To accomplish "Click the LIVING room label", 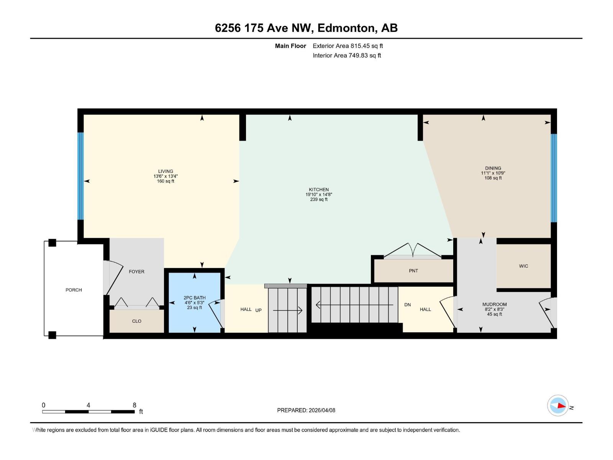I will click(x=166, y=171).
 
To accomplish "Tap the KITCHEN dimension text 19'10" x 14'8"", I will click(x=319, y=194).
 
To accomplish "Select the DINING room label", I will click(x=493, y=168).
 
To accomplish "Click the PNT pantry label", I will click(x=413, y=271).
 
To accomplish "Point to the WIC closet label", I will click(x=523, y=266).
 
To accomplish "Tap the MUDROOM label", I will click(x=494, y=304).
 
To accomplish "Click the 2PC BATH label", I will click(x=195, y=297).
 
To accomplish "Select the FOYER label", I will click(x=136, y=271).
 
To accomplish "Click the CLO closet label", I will click(x=136, y=321).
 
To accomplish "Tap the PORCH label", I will click(x=74, y=290).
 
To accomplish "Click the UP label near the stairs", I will click(x=259, y=310).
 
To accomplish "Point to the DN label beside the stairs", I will click(x=407, y=305).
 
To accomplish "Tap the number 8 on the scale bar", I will click(x=134, y=405).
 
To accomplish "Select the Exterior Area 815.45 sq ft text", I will click(x=347, y=46).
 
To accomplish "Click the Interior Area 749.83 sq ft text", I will click(x=347, y=56).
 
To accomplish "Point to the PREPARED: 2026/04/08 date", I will click(x=306, y=410).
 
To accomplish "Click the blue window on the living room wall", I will click(x=80, y=176).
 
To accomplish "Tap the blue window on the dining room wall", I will click(x=554, y=178).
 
